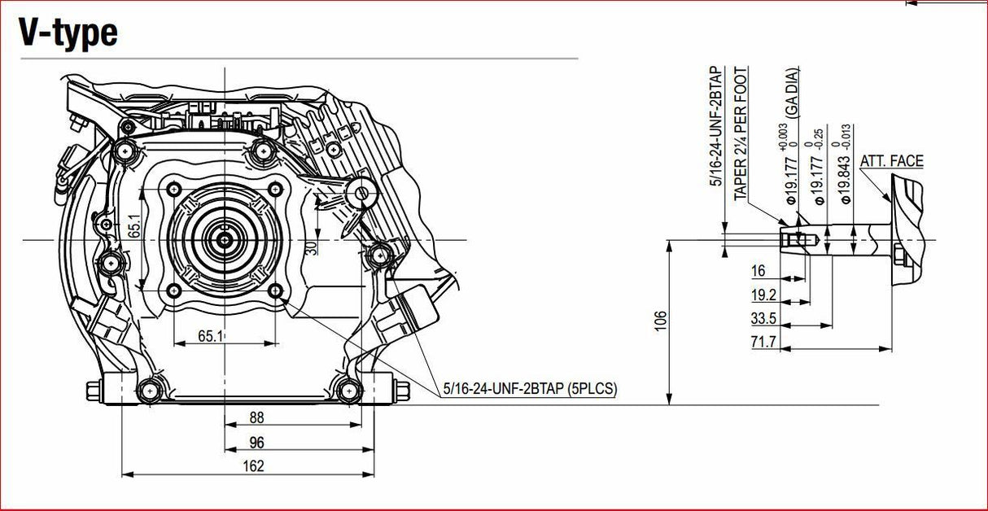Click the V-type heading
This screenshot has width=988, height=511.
point(68,33)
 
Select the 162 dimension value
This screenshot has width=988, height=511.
point(254,466)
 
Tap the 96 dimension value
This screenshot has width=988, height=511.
point(256,443)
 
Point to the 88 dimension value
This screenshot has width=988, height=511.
point(256,418)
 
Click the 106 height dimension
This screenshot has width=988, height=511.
point(661,321)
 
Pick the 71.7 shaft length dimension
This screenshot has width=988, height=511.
point(763,342)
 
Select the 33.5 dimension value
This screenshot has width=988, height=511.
point(763,318)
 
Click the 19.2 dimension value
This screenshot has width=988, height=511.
point(763,295)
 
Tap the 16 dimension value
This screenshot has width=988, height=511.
point(758,271)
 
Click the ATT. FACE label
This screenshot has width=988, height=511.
point(891,161)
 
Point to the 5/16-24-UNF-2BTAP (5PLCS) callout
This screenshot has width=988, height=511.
point(530,389)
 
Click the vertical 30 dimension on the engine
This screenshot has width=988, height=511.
point(311,247)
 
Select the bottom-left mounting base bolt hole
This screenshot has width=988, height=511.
point(148,391)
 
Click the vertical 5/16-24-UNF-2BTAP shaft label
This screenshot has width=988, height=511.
point(717,127)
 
